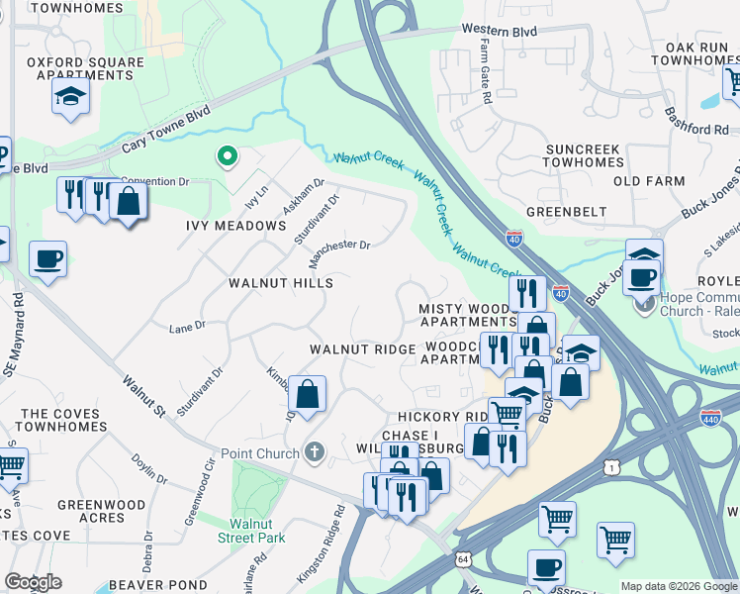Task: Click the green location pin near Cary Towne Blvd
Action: tap(227, 156)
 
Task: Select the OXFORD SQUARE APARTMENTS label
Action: tap(86, 68)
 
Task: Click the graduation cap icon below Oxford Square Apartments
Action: tap(71, 97)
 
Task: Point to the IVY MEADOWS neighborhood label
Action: tap(236, 226)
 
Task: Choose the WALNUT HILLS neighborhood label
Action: tap(281, 283)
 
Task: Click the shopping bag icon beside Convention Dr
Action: tap(129, 202)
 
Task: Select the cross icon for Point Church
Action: tap(315, 452)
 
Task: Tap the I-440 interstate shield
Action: tap(710, 419)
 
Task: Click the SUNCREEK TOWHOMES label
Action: tap(583, 156)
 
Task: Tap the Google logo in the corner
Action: tap(33, 582)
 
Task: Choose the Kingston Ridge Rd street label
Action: tap(322, 544)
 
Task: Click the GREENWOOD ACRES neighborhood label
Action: tap(101, 512)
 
